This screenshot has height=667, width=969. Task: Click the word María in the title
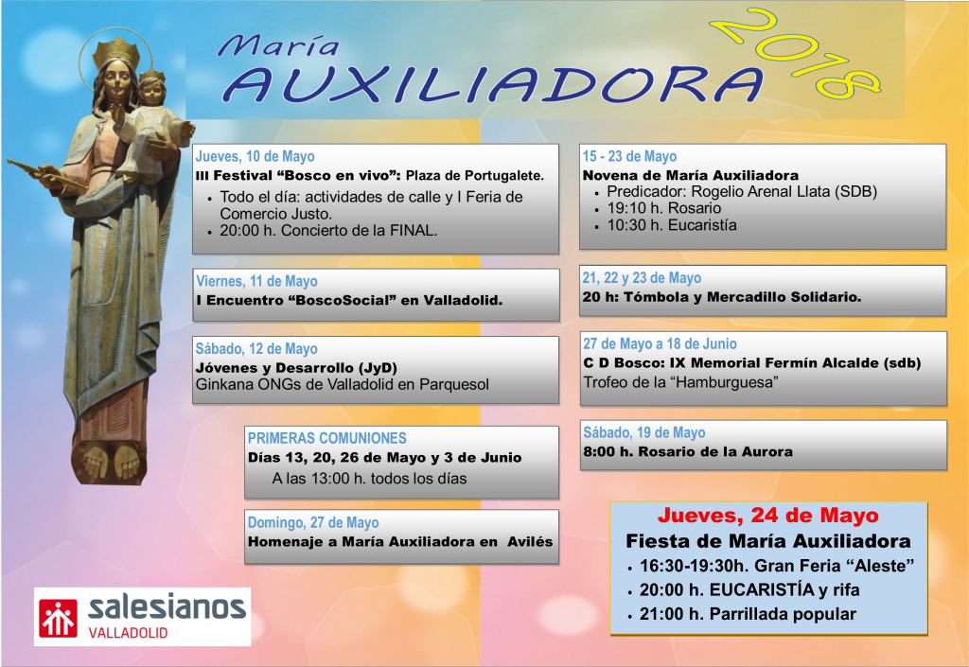pyautogui.click(x=279, y=45)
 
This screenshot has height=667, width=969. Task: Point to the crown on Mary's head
pyautogui.click(x=116, y=49)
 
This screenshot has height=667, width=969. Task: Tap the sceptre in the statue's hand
pyautogui.click(x=46, y=174)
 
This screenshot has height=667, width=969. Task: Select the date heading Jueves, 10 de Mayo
pyautogui.click(x=255, y=156)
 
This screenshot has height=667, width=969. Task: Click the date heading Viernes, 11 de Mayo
pyautogui.click(x=256, y=281)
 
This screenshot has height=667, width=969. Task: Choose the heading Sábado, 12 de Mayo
pyautogui.click(x=256, y=348)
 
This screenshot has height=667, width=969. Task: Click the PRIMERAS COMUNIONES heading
pyautogui.click(x=326, y=438)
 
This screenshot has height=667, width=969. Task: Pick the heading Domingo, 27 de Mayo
pyautogui.click(x=313, y=522)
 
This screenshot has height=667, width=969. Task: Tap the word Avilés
pyautogui.click(x=530, y=541)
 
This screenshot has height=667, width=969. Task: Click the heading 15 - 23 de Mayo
pyautogui.click(x=629, y=156)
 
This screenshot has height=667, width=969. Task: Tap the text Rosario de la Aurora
pyautogui.click(x=715, y=451)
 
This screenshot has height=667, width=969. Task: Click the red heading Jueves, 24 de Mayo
pyautogui.click(x=768, y=515)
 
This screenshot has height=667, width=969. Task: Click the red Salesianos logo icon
pyautogui.click(x=58, y=618)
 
